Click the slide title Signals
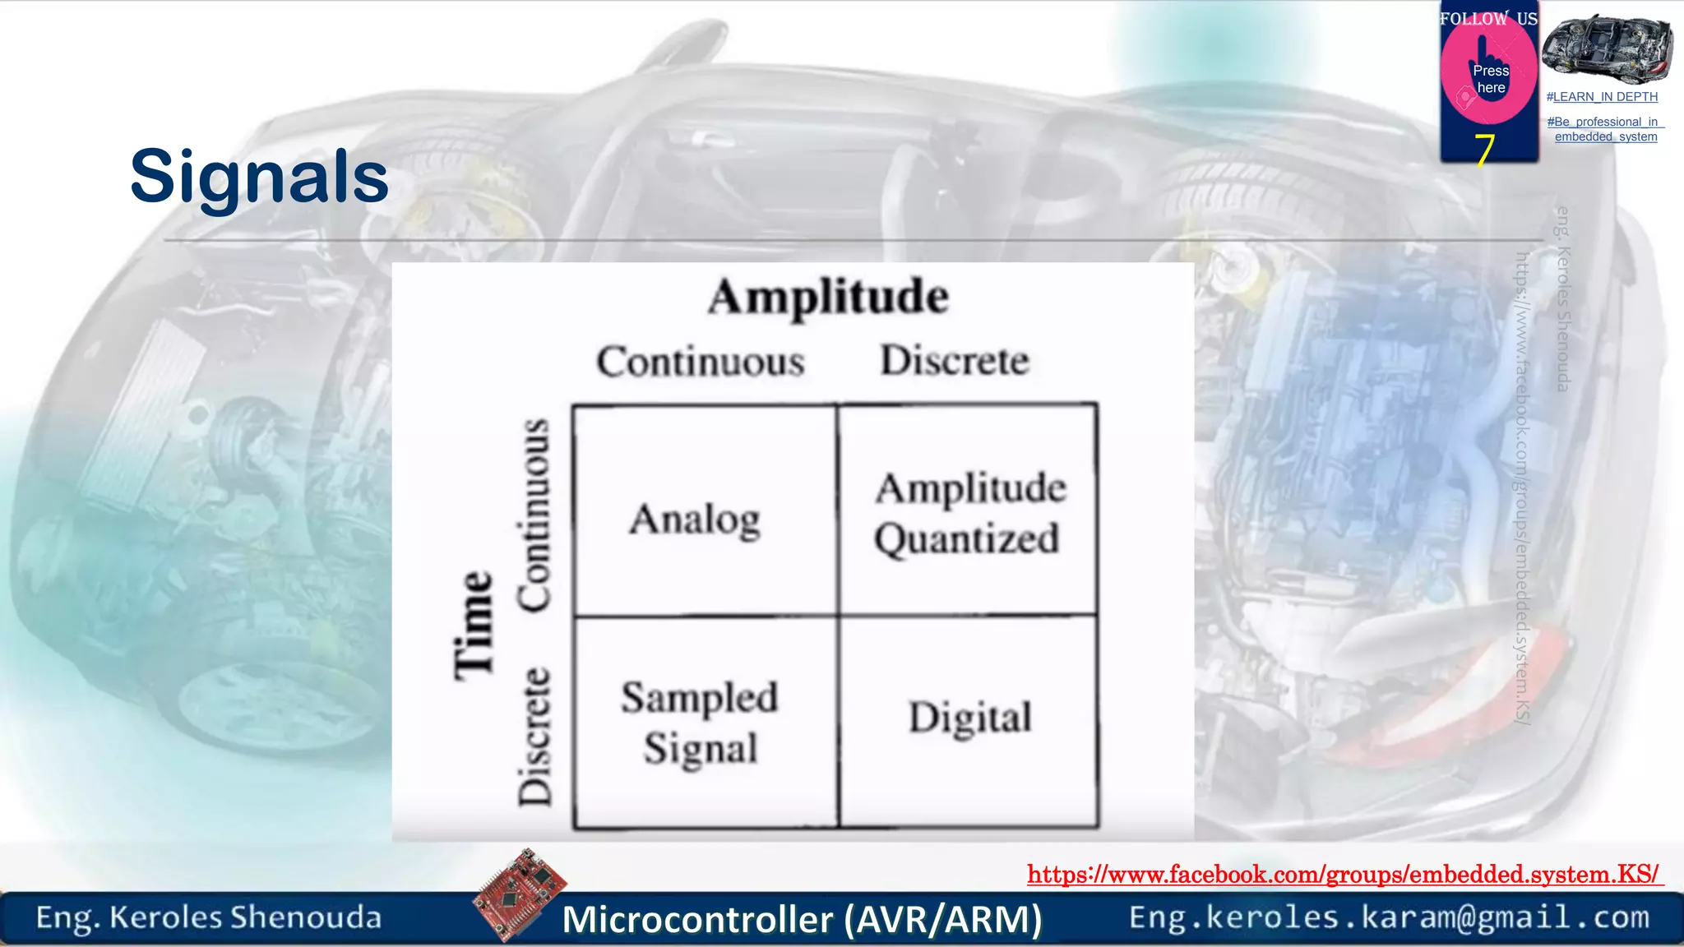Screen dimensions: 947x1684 pos(259,176)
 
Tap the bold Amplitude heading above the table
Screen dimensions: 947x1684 pos(828,297)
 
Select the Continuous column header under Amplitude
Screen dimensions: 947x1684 pos(701,362)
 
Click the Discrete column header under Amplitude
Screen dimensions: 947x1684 pos(955,360)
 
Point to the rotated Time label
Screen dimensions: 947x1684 pos(474,625)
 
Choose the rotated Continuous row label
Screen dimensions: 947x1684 pos(534,515)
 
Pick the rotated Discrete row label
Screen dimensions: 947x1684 pos(534,736)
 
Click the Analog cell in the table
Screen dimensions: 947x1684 pos(696,520)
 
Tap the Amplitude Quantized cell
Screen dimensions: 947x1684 pos(969,514)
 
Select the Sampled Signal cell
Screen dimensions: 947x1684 pos(700,723)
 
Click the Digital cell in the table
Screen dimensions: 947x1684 pos(969,718)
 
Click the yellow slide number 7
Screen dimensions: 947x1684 pos(1484,150)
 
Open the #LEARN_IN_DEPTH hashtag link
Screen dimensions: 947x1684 pos(1602,97)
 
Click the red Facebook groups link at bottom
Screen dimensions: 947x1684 pos(1344,874)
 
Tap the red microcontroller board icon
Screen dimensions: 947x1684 pos(520,893)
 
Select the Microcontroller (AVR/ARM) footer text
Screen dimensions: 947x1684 pos(802,919)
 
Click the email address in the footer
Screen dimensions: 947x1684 pos(1389,917)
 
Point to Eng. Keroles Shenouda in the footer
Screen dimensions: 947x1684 pos(209,917)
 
